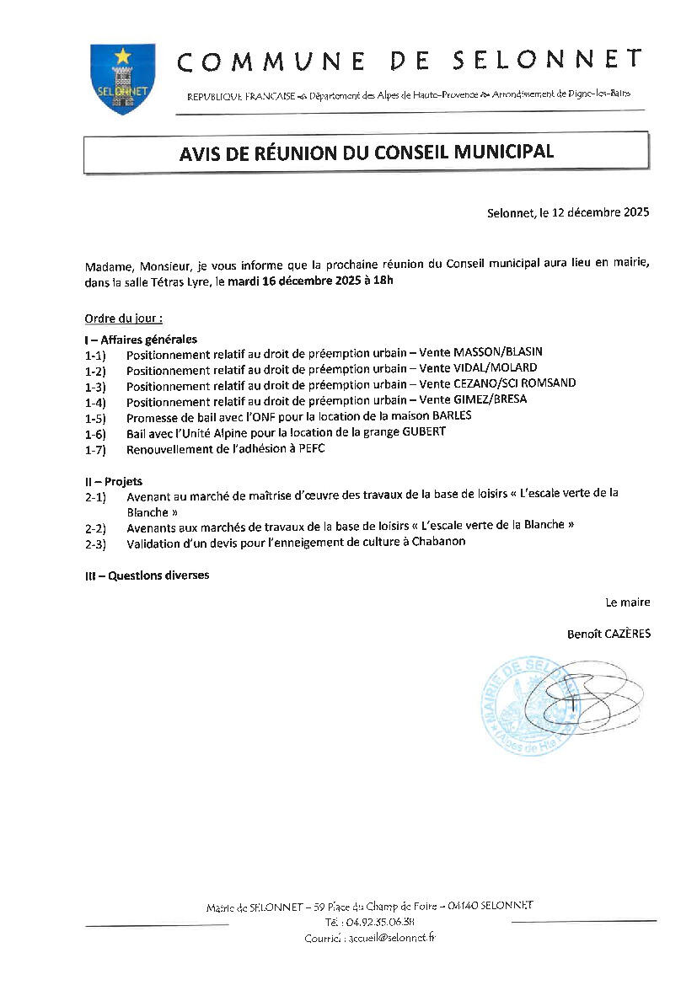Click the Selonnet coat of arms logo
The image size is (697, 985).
[122, 78]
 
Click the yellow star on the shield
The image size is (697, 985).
[123, 56]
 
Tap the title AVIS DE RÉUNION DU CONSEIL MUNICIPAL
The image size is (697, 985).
[366, 152]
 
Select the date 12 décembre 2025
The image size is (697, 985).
[600, 213]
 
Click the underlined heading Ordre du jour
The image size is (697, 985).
[123, 319]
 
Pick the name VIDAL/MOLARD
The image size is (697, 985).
[495, 368]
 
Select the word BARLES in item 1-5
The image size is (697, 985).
[453, 415]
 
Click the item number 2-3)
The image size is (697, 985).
[95, 543]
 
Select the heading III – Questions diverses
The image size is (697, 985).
[147, 575]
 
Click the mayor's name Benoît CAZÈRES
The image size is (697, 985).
[609, 634]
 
